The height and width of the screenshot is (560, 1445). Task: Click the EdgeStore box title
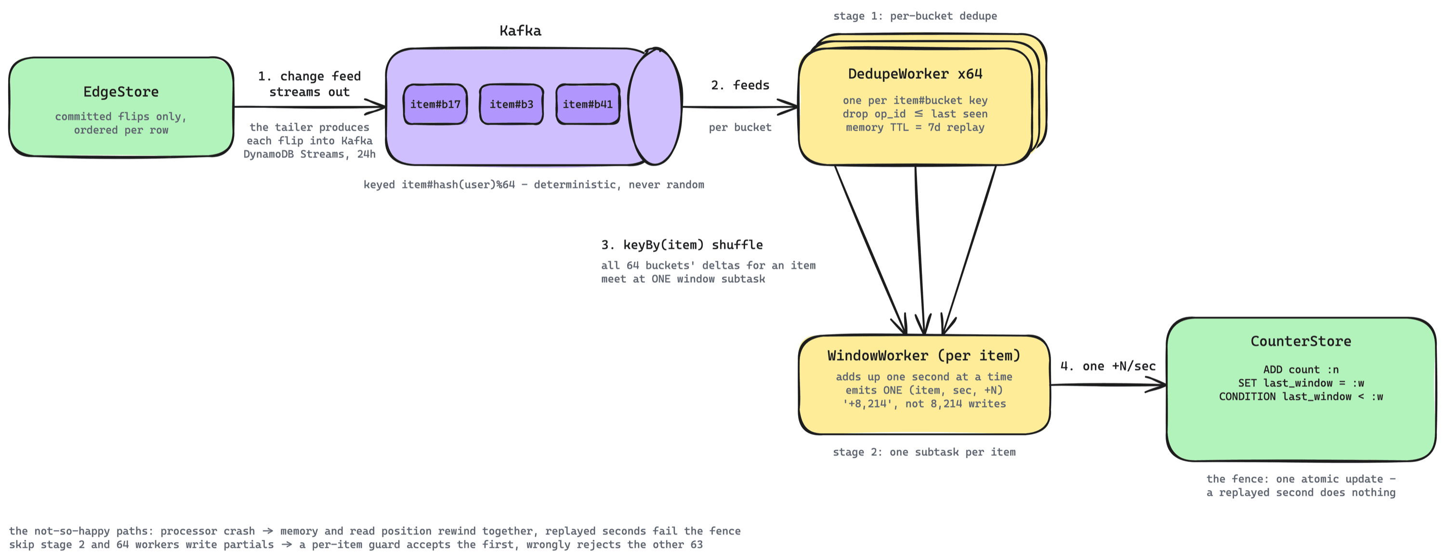point(121,92)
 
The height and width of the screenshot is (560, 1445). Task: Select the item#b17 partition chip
point(435,105)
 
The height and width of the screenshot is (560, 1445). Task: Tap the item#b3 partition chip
point(512,105)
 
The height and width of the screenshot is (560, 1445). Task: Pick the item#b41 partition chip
point(588,105)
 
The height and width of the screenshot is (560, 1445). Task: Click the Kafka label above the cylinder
point(521,31)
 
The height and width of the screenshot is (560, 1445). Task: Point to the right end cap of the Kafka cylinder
point(655,107)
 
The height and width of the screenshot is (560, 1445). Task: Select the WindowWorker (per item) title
point(924,356)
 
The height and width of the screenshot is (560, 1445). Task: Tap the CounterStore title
point(1301,341)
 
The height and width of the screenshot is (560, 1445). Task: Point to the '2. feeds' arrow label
point(740,85)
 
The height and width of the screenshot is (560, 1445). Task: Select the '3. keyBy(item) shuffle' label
point(682,245)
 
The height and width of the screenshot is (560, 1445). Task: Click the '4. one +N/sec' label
point(1108,366)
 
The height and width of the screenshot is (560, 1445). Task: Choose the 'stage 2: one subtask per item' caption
point(924,452)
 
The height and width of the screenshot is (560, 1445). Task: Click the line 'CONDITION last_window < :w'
point(1301,397)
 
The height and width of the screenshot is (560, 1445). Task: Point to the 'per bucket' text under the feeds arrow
point(740,127)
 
